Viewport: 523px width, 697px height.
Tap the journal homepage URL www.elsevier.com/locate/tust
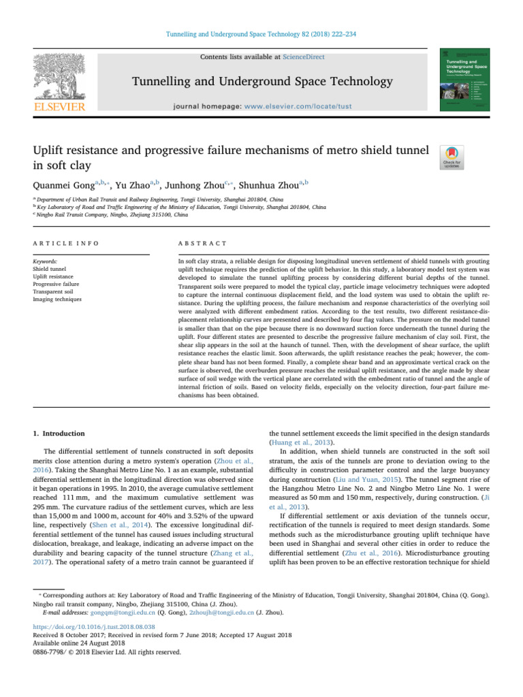(300, 107)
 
